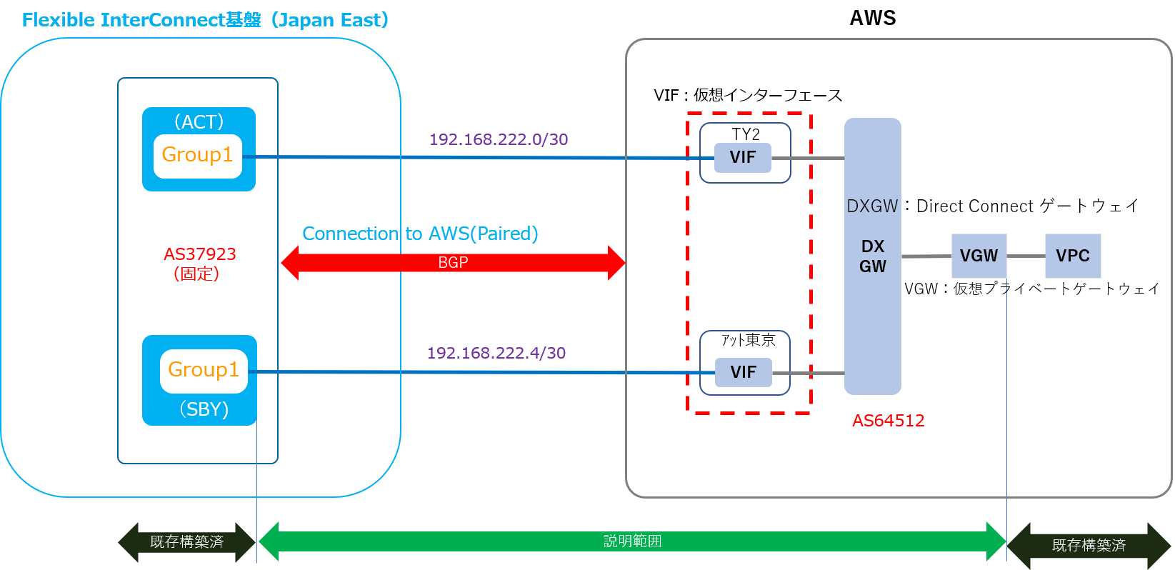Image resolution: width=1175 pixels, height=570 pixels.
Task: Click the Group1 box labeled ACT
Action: point(198,156)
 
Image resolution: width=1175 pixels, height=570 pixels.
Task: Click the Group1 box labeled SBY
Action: point(204,371)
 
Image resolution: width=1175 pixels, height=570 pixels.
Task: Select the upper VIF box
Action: point(743,157)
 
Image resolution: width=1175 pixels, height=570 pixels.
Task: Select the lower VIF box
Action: point(744,372)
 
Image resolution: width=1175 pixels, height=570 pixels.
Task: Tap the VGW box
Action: point(979,256)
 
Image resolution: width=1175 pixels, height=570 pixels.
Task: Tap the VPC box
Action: point(1073,256)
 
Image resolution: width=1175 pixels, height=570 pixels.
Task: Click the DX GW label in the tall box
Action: point(872,256)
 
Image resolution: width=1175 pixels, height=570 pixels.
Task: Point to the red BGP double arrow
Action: point(453,263)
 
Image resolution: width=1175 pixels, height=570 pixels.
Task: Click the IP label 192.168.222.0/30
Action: point(499,139)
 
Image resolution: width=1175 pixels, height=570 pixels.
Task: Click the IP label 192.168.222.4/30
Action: point(496,353)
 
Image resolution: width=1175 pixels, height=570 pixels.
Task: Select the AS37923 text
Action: point(199,254)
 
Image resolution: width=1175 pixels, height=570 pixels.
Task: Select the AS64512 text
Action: point(888,421)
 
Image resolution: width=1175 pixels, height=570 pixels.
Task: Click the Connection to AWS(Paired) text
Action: point(420,234)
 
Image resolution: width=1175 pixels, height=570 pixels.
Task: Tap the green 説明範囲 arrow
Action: point(632,541)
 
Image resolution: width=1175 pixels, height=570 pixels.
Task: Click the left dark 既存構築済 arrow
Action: point(186,542)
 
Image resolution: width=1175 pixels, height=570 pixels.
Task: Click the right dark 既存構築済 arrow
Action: point(1089,546)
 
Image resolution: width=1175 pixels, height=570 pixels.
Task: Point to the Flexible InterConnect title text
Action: point(205,20)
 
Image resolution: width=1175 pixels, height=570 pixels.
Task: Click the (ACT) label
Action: point(199,122)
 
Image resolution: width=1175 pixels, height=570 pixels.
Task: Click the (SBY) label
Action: point(204,409)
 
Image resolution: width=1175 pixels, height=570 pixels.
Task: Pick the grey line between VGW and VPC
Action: point(1026,256)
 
